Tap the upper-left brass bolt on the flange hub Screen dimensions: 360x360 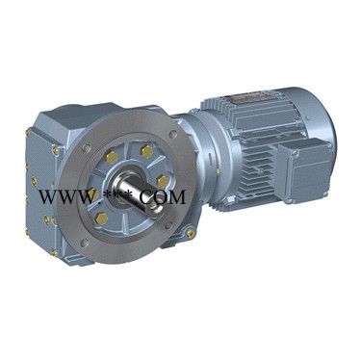[112, 156]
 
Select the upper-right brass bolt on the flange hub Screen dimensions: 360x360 [146, 150]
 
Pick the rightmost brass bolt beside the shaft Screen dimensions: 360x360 [163, 181]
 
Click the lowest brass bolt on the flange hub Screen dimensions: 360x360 [102, 219]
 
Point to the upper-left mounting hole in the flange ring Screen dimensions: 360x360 [86, 148]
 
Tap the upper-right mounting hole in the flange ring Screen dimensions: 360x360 [174, 134]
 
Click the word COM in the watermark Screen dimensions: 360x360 [162, 196]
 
